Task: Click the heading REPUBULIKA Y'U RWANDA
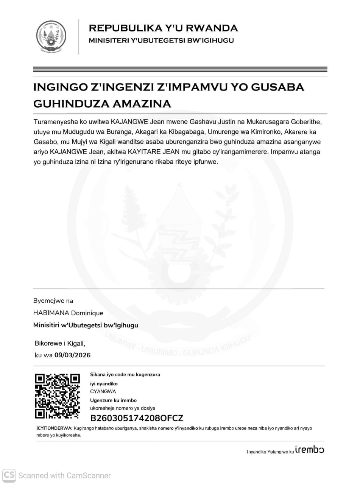[x=163, y=28]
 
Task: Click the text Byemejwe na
[x=53, y=301]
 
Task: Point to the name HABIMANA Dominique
[x=68, y=313]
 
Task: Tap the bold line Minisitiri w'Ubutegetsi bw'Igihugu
[x=86, y=325]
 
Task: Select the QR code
[x=58, y=396]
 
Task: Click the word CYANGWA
[x=103, y=391]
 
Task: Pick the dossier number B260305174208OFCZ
[x=136, y=418]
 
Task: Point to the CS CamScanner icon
[x=9, y=475]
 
